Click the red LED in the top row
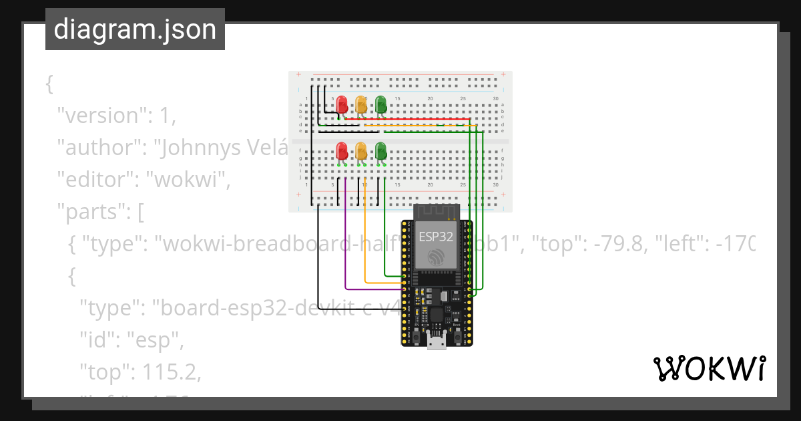point(342,104)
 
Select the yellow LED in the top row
point(361,104)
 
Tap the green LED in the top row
point(380,104)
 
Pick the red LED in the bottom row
point(342,150)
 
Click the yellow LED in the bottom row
point(361,150)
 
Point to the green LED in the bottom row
point(380,150)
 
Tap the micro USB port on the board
point(437,343)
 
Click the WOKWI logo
point(709,368)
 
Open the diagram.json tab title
point(135,30)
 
